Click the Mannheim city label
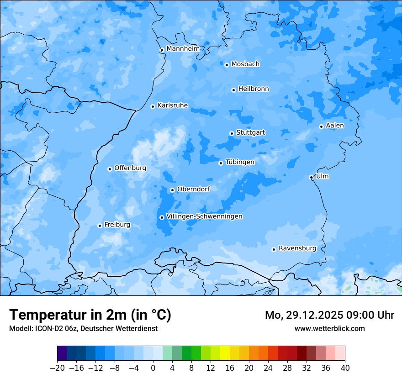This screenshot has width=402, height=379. (183, 49)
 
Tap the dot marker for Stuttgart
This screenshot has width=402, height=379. (232, 133)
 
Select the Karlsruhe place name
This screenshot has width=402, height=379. (173, 105)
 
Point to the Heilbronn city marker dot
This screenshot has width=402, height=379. (233, 90)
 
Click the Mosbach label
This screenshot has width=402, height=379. (245, 64)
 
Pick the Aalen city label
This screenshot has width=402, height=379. (335, 126)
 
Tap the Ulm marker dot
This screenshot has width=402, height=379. (312, 177)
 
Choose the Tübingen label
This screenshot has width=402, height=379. (240, 162)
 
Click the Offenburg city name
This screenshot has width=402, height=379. (130, 168)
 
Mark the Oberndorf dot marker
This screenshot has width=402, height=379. (172, 190)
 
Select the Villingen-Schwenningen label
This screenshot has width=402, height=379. (204, 216)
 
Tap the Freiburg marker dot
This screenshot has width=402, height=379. (100, 226)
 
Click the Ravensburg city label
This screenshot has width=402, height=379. (297, 248)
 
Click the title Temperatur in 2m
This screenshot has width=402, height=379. (90, 315)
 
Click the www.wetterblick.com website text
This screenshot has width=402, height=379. (329, 328)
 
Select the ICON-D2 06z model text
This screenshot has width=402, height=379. (55, 328)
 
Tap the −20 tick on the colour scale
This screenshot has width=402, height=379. (57, 368)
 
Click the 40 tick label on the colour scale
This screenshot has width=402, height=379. (345, 368)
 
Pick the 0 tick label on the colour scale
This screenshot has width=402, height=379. (153, 368)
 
